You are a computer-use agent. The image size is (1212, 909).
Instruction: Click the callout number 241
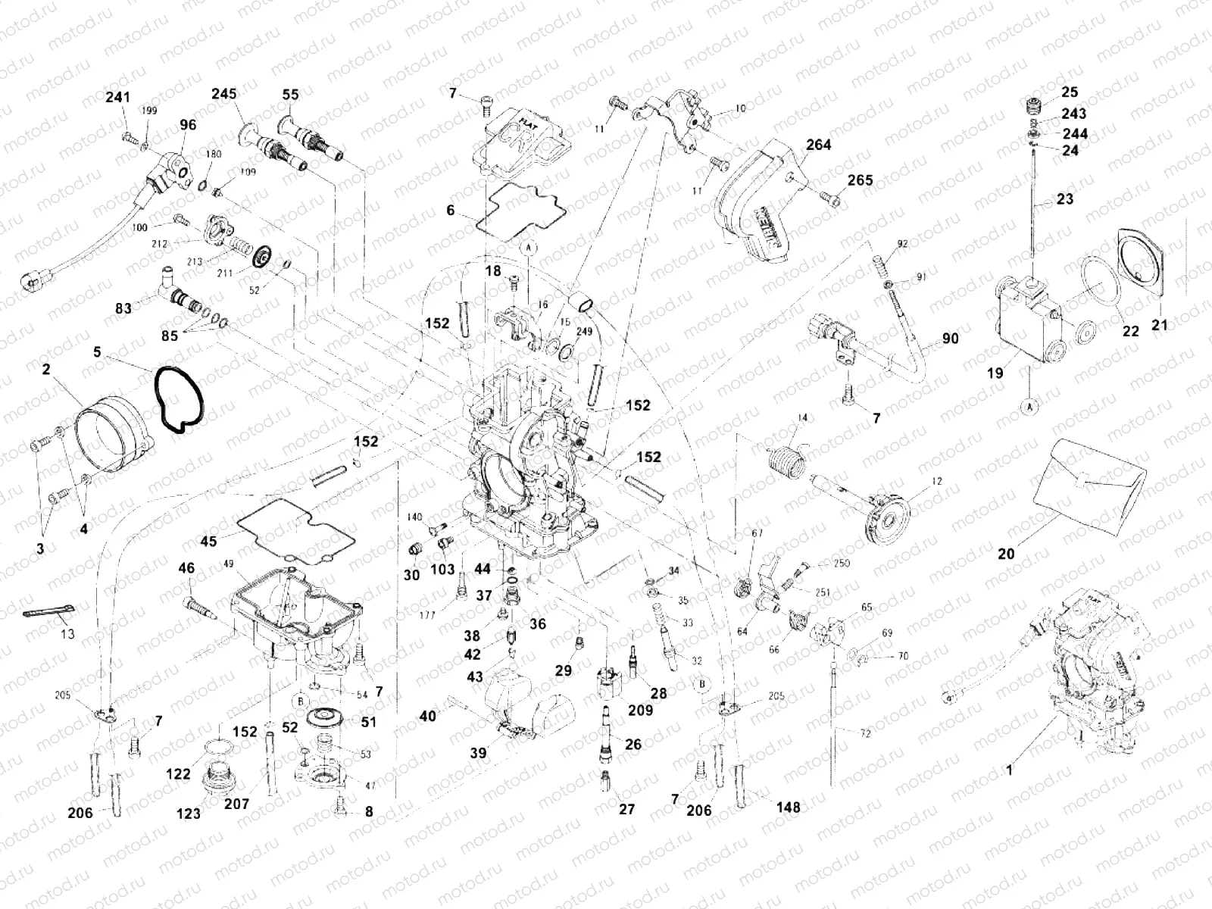[x=117, y=97]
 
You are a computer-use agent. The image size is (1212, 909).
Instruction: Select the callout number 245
[x=223, y=94]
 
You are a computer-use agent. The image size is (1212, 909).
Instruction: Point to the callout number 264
[x=818, y=144]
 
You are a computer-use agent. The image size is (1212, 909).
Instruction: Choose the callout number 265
[x=860, y=180]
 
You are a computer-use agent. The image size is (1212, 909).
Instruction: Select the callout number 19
[x=995, y=373]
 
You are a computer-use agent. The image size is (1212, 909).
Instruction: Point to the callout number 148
[x=788, y=807]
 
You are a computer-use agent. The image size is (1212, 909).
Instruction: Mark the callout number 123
[x=189, y=814]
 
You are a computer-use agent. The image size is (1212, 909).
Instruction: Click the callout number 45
[x=208, y=541]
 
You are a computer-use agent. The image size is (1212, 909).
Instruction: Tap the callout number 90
[x=949, y=339]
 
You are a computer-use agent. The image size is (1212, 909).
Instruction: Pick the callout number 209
[x=641, y=711]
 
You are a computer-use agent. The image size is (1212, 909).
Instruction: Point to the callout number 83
[x=123, y=308]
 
